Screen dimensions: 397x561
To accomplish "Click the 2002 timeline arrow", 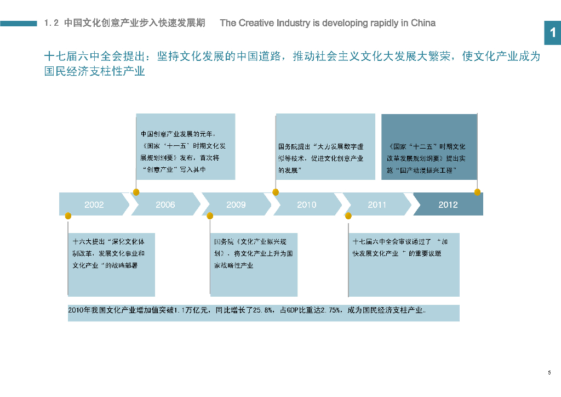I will [x=94, y=205].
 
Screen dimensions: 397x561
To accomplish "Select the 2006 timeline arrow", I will [x=165, y=205].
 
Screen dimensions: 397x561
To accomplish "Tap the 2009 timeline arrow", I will [x=236, y=205].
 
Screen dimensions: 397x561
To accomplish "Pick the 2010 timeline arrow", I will [x=307, y=205].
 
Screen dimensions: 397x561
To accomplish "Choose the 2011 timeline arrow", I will [x=377, y=205].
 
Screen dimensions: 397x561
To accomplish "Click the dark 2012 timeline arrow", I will [x=448, y=205].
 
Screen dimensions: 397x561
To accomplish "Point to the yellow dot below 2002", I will [x=68, y=216].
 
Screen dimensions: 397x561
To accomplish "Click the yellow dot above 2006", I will [x=136, y=192].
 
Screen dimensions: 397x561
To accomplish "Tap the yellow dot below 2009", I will [x=210, y=216].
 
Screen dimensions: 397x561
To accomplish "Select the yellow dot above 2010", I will [x=276, y=192].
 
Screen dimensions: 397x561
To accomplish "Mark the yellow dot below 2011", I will [x=348, y=216].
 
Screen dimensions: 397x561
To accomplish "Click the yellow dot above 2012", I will [x=477, y=192].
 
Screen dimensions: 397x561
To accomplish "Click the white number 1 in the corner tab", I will [x=553, y=33].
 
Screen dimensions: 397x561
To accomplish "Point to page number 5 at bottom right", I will [x=549, y=373].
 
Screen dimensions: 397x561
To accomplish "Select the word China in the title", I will [x=423, y=23].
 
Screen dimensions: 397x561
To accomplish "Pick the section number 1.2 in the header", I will [x=51, y=23].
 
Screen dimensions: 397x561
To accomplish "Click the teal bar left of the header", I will [x=19, y=23].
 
